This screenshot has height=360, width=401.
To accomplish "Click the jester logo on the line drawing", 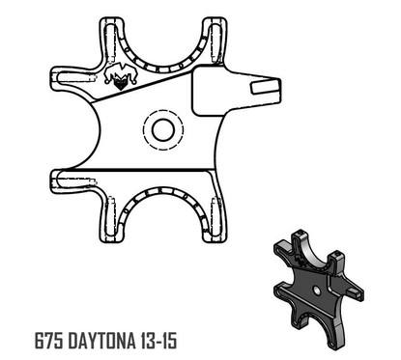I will coord(118,80).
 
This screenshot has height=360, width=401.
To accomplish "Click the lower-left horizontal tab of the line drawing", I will coord(72,178).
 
